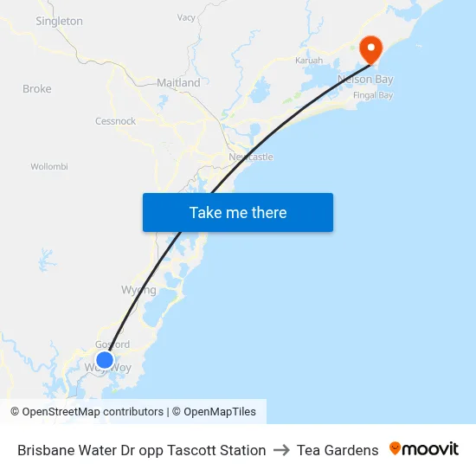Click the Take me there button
pyautogui.click(x=237, y=213)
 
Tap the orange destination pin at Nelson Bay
pyautogui.click(x=371, y=48)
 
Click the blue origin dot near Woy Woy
pyautogui.click(x=105, y=360)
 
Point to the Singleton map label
pyautogui.click(x=59, y=21)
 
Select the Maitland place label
pyautogui.click(x=178, y=83)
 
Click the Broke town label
pyautogui.click(x=37, y=89)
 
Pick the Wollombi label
pyautogui.click(x=48, y=166)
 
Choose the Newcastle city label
pyautogui.click(x=251, y=157)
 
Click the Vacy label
pyautogui.click(x=186, y=17)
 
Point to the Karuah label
pyautogui.click(x=309, y=61)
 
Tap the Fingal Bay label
pyautogui.click(x=373, y=94)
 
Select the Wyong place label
pyautogui.click(x=138, y=290)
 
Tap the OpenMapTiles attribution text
pyautogui.click(x=214, y=412)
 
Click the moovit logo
pyautogui.click(x=424, y=449)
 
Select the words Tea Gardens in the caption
pyautogui.click(x=338, y=450)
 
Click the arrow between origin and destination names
pyautogui.click(x=281, y=450)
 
